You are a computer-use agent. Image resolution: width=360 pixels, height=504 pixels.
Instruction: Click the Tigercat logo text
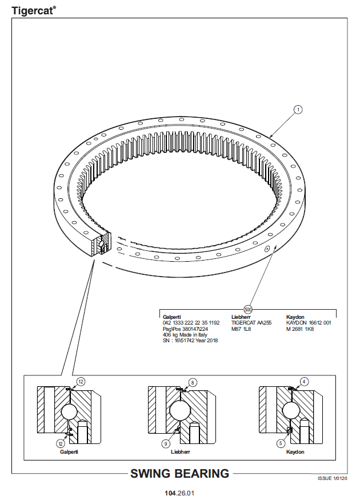pyautogui.click(x=33, y=11)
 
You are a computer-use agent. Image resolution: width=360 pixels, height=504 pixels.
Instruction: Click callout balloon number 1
pyautogui.click(x=298, y=110)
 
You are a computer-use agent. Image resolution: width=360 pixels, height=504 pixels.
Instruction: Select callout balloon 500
pyautogui.click(x=248, y=309)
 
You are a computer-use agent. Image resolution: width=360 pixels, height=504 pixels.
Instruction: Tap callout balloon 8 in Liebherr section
pyautogui.click(x=193, y=382)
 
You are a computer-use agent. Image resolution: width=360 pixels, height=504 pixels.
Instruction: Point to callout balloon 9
pyautogui.click(x=166, y=444)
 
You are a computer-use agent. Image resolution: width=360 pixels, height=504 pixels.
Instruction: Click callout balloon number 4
pyautogui.click(x=304, y=382)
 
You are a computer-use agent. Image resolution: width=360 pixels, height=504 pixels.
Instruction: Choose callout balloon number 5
pyautogui.click(x=281, y=443)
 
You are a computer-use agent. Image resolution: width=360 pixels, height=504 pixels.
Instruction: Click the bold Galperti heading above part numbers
pyautogui.click(x=172, y=317)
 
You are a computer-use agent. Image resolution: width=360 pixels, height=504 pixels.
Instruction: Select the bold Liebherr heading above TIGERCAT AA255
pyautogui.click(x=241, y=317)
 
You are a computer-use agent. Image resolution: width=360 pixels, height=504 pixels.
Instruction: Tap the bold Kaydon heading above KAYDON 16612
pyautogui.click(x=295, y=317)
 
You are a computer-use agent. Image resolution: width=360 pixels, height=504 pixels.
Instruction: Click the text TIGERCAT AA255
pyautogui.click(x=251, y=323)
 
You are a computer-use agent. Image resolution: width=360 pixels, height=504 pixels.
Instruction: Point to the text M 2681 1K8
pyautogui.click(x=300, y=329)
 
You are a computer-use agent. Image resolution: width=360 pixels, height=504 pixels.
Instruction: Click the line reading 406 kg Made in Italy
pyautogui.click(x=185, y=335)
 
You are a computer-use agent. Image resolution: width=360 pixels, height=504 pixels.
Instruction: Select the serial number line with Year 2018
pyautogui.click(x=190, y=341)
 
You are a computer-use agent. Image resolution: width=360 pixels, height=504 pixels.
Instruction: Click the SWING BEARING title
pyautogui.click(x=179, y=474)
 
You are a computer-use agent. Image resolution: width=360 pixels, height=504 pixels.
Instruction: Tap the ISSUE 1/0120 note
pyautogui.click(x=333, y=479)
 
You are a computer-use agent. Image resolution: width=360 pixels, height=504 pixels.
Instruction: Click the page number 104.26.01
pyautogui.click(x=179, y=493)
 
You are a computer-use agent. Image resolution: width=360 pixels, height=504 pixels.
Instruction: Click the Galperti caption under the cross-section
pyautogui.click(x=69, y=452)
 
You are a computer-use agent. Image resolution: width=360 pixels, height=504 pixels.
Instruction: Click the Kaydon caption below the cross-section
pyautogui.click(x=295, y=452)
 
